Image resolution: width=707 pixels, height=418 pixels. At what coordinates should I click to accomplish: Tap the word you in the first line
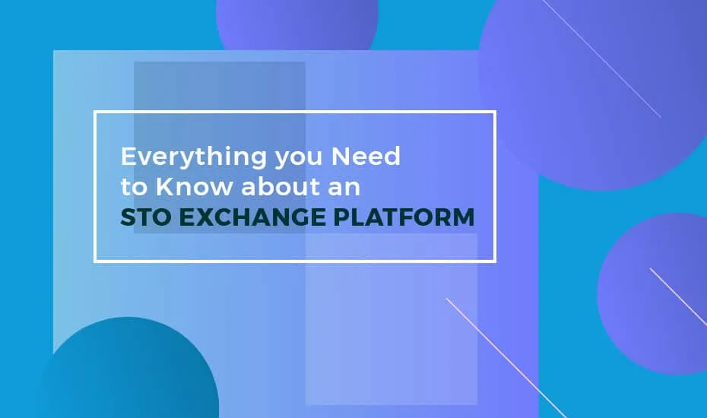[x=299, y=159]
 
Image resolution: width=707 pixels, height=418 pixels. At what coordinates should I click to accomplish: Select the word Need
[x=366, y=156]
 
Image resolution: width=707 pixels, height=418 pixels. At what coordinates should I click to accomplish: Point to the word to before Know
[x=134, y=187]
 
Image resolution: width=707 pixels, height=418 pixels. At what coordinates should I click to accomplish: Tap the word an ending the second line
[x=344, y=189]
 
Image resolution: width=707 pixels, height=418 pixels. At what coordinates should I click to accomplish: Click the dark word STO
[x=147, y=217]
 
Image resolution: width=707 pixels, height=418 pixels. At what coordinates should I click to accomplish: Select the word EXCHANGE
[x=252, y=217]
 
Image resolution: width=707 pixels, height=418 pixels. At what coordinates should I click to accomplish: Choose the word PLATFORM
[x=404, y=217]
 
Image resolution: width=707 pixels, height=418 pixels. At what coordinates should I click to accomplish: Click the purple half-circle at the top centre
[x=297, y=23]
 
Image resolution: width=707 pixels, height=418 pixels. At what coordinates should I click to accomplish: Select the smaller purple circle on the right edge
[x=654, y=294]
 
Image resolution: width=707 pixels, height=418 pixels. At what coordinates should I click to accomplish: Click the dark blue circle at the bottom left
[x=131, y=368]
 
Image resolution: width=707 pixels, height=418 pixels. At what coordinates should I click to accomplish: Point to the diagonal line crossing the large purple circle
[x=601, y=59]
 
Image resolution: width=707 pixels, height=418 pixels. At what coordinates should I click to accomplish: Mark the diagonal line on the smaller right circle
[x=678, y=296]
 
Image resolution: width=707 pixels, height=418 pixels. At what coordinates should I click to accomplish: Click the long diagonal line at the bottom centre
[x=506, y=358]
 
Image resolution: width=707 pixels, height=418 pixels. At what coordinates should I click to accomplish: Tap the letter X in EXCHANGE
[x=204, y=217]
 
